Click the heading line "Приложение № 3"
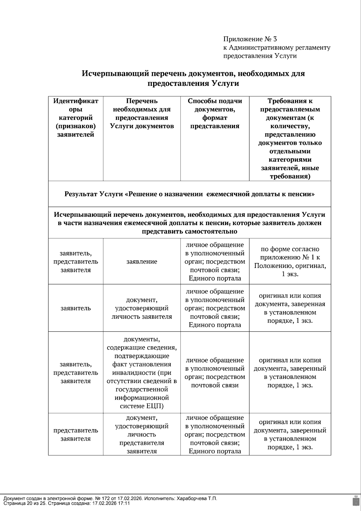click(x=250, y=39)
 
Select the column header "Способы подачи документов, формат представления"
click(x=215, y=113)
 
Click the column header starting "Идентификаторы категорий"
click(x=76, y=118)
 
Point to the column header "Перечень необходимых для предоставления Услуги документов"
click(x=142, y=113)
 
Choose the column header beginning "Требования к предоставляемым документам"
click(x=290, y=138)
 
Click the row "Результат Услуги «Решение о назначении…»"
click(x=190, y=194)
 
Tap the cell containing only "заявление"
click(x=142, y=262)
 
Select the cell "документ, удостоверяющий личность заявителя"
click(x=142, y=308)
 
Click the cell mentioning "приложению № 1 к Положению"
click(x=290, y=262)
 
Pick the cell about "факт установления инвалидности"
click(x=142, y=373)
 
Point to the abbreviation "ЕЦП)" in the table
click(x=154, y=406)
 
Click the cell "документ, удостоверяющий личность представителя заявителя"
click(x=142, y=434)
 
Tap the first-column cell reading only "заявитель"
click(x=76, y=308)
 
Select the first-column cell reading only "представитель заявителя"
click(x=76, y=434)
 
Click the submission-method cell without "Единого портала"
click(x=215, y=373)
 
